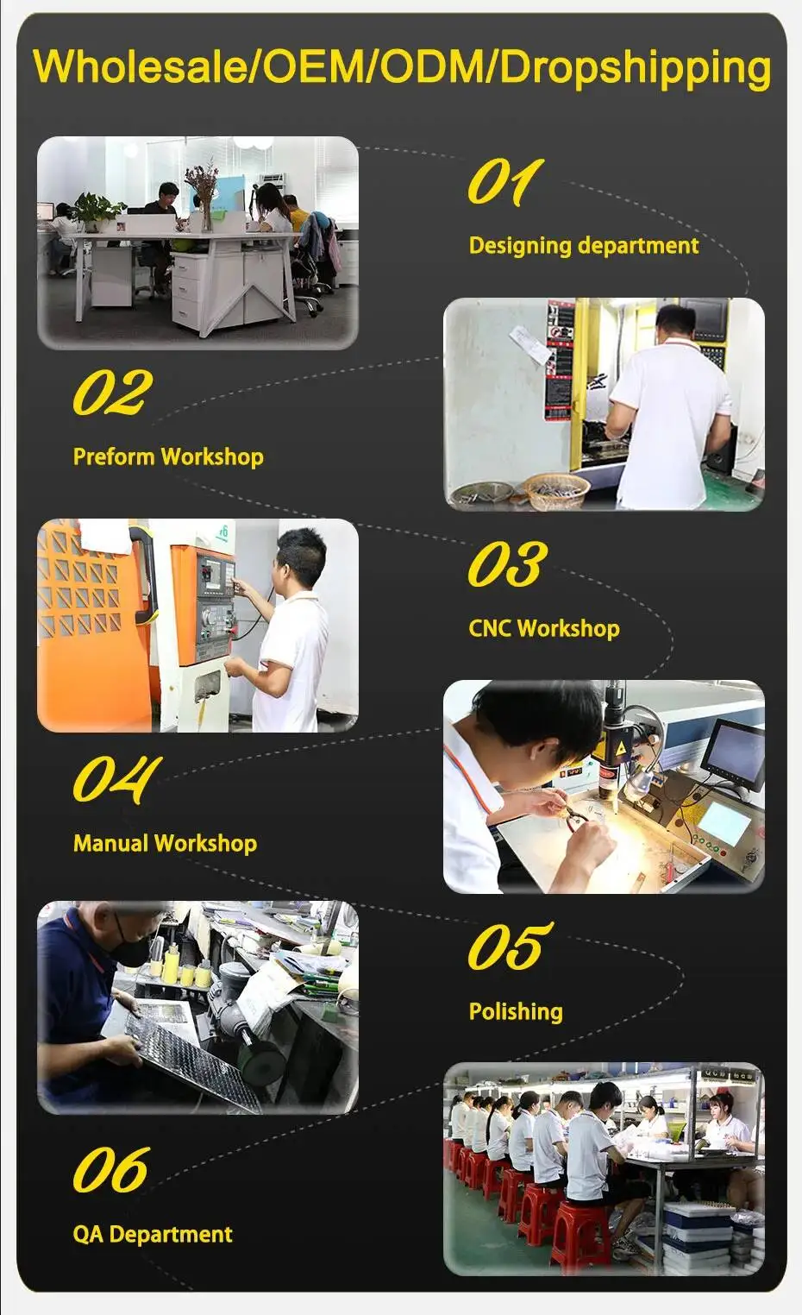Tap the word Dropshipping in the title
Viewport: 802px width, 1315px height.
pyautogui.click(x=636, y=69)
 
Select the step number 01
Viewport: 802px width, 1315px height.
pyautogui.click(x=505, y=181)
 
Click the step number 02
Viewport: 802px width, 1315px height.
pyautogui.click(x=112, y=392)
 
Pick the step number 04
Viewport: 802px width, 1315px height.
pyautogui.click(x=116, y=779)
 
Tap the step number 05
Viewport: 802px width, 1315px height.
pyautogui.click(x=510, y=946)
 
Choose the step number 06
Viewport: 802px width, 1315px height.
pyautogui.click(x=111, y=1169)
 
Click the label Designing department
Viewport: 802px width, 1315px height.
pyautogui.click(x=584, y=246)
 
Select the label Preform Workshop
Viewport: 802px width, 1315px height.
pyautogui.click(x=168, y=456)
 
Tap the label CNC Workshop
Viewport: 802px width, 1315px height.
pyautogui.click(x=544, y=628)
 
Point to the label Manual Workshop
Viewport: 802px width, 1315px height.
pyautogui.click(x=165, y=843)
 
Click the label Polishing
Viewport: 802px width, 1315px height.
pyautogui.click(x=516, y=1011)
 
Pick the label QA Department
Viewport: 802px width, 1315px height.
pyautogui.click(x=153, y=1234)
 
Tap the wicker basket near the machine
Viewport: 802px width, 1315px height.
pyautogui.click(x=555, y=491)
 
